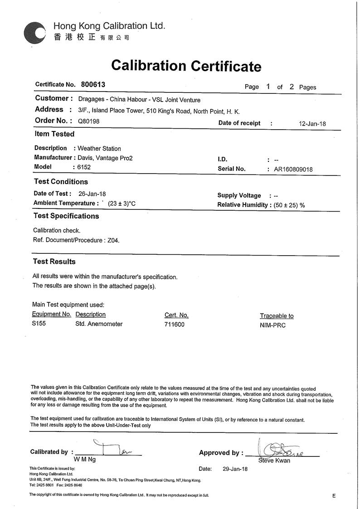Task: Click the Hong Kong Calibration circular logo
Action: (x=34, y=32)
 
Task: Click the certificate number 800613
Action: (x=93, y=84)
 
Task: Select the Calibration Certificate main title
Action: (x=186, y=66)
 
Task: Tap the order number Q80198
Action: (x=88, y=121)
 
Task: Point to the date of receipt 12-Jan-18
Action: (x=312, y=124)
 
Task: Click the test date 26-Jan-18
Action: (x=92, y=194)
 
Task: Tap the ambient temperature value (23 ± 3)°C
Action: (x=122, y=204)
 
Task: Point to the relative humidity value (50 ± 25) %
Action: (x=289, y=205)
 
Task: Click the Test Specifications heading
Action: (x=66, y=216)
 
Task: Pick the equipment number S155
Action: (x=39, y=324)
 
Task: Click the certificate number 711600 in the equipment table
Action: (x=175, y=325)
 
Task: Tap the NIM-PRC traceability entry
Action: (x=273, y=325)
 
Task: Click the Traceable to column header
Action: (x=277, y=316)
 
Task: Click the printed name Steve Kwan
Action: (x=274, y=461)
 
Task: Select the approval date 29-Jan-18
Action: (x=235, y=469)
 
